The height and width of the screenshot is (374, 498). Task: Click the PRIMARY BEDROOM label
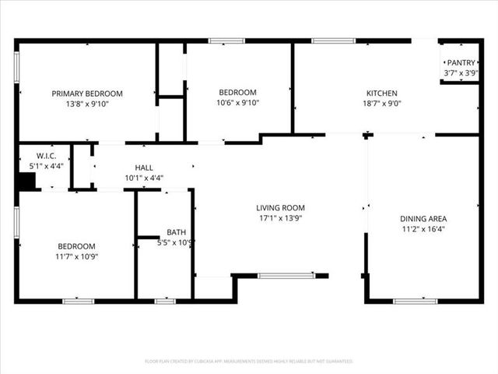click(x=87, y=93)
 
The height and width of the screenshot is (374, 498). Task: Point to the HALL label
click(x=144, y=168)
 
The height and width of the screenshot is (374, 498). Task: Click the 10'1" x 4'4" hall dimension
click(x=144, y=178)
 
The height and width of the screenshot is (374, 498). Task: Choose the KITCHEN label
click(x=381, y=93)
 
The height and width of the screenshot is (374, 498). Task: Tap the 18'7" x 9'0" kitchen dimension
click(x=381, y=103)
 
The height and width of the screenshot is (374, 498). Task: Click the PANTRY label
click(x=461, y=63)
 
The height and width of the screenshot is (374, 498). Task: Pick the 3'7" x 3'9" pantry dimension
click(x=461, y=73)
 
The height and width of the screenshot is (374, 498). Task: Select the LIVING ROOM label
click(x=280, y=208)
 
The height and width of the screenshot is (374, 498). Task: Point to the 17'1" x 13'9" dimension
click(x=280, y=218)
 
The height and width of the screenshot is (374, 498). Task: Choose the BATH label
click(x=176, y=232)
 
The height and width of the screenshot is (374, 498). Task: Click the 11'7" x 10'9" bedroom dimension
click(x=76, y=256)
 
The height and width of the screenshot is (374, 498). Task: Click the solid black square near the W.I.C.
click(x=27, y=181)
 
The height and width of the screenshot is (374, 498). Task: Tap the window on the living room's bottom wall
click(x=286, y=275)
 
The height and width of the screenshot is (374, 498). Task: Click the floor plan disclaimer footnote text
click(x=249, y=362)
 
